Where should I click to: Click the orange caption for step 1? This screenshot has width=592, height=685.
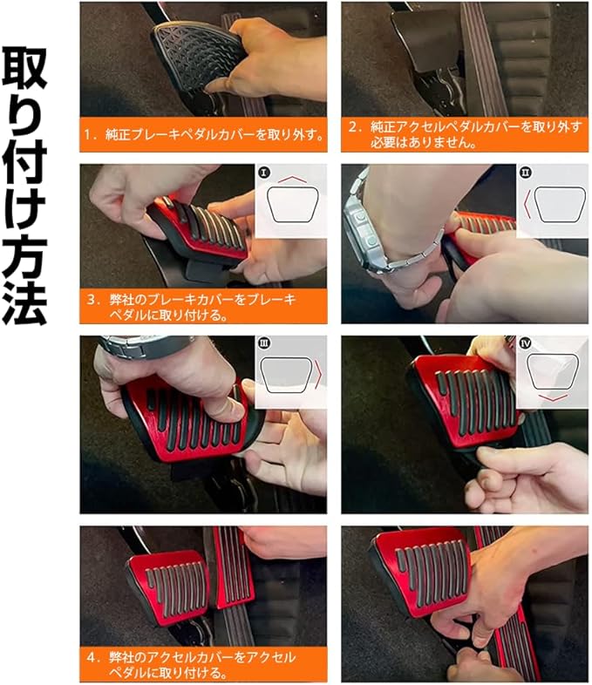203,134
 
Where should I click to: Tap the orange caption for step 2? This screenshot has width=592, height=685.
465,134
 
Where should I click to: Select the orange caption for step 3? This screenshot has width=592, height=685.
203,306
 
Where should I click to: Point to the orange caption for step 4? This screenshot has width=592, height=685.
203,664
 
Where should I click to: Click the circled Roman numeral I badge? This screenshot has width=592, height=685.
263,173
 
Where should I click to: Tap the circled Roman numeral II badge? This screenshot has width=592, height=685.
525,173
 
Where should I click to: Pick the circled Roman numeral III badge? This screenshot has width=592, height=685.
263,343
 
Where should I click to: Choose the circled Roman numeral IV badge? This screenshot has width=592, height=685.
525,343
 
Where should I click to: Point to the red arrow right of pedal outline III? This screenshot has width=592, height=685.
320,374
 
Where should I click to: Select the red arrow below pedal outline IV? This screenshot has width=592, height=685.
553,398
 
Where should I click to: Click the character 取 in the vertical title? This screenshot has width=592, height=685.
24,70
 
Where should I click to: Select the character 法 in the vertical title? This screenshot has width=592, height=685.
24,301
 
